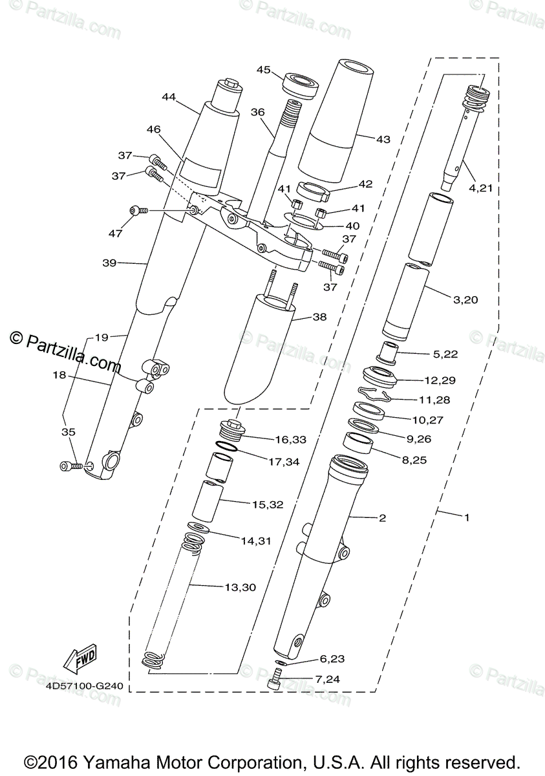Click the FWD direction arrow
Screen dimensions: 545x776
click(80, 659)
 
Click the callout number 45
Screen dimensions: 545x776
click(263, 70)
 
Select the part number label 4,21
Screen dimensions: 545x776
click(480, 188)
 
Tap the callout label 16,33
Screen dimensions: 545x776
click(291, 439)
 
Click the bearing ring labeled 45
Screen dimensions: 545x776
click(301, 87)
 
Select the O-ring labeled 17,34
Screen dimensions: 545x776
click(226, 446)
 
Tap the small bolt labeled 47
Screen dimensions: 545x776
click(138, 210)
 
